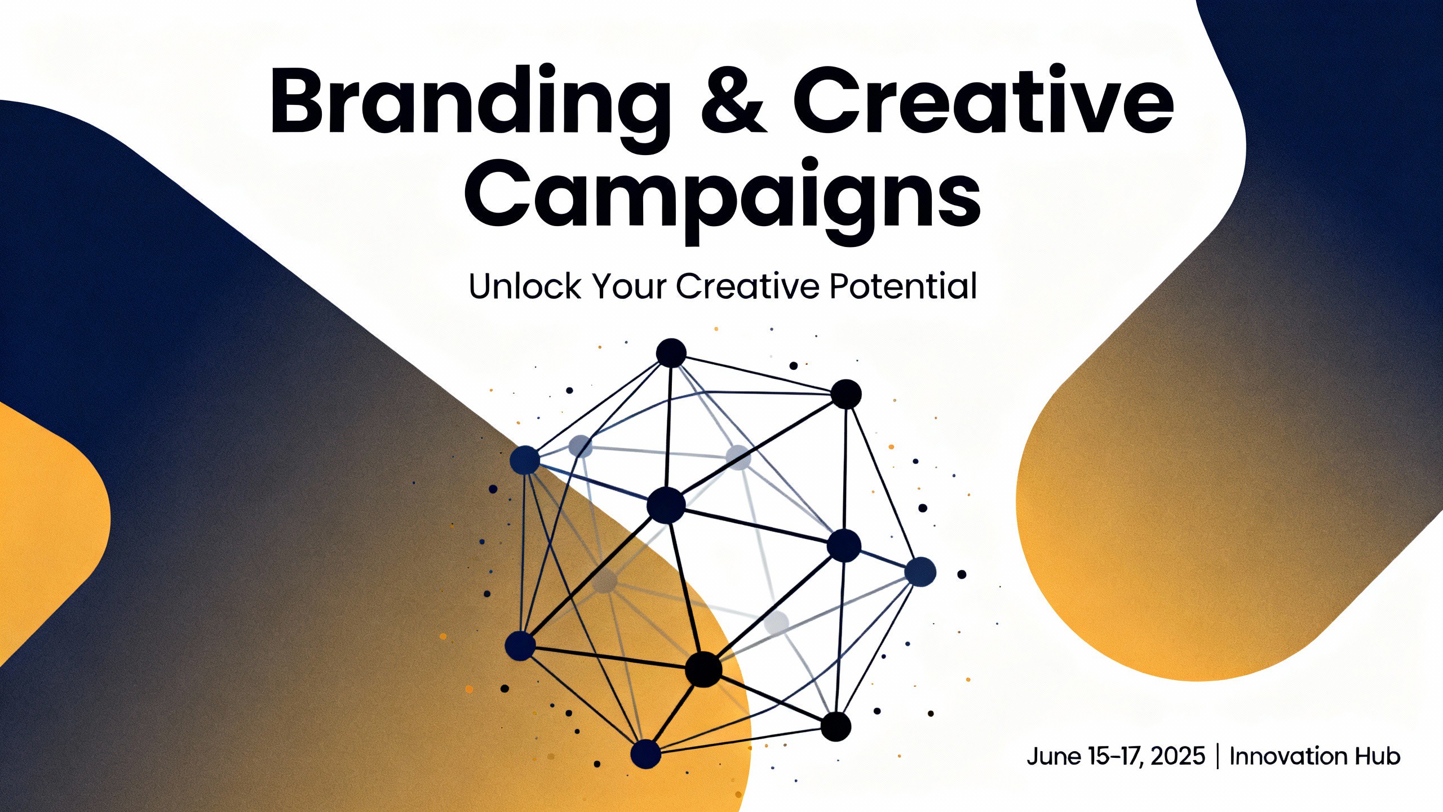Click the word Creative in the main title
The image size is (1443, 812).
(x=984, y=101)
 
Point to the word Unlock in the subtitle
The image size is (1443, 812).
(x=524, y=286)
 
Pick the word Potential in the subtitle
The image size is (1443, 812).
(x=903, y=286)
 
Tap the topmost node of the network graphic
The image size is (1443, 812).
(x=671, y=354)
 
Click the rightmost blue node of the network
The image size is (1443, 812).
(x=920, y=572)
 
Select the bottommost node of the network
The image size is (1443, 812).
(x=645, y=754)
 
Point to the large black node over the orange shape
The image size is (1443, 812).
(x=703, y=669)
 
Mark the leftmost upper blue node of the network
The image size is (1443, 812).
(x=525, y=460)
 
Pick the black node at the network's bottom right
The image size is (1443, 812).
(x=835, y=726)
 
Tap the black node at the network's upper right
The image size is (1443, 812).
(x=847, y=394)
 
